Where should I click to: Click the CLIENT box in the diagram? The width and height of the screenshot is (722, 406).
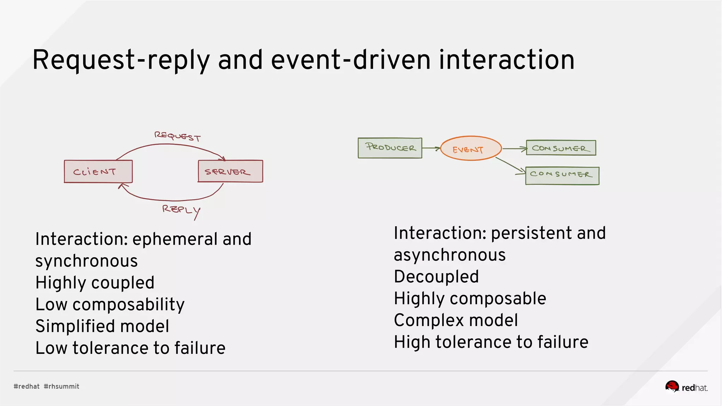coord(98,172)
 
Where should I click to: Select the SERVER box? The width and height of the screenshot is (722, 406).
coord(230,171)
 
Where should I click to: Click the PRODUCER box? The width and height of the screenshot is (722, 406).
coord(390,148)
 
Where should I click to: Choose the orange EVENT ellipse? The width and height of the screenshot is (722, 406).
coord(471,148)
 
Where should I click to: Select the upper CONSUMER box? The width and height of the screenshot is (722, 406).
coord(561,148)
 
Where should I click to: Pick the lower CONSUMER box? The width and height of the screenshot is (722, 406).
coord(562,176)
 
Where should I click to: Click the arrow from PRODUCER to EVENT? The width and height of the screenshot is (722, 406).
coord(431,148)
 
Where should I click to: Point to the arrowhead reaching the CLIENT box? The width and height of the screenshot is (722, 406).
coord(122,186)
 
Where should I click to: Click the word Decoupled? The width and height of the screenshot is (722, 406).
coord(436,277)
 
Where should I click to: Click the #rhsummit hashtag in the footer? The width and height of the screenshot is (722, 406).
coord(61,386)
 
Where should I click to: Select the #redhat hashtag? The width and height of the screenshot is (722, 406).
coord(26,386)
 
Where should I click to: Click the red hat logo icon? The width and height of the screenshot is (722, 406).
coord(672,387)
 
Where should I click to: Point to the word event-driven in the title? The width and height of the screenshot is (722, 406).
coord(350,60)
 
